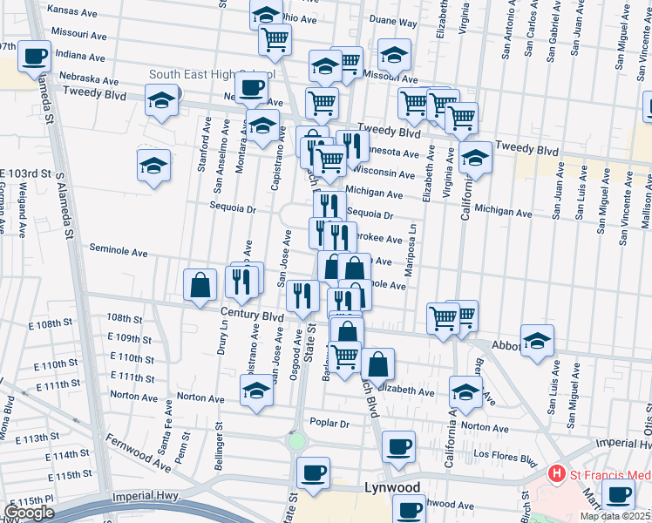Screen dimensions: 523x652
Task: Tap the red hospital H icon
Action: coord(556,475)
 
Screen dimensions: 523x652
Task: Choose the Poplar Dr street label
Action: coord(335,424)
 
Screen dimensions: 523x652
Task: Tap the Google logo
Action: coord(29,512)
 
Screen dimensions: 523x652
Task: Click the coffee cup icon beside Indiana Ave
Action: coord(35,57)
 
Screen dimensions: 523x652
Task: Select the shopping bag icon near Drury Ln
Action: coord(200,284)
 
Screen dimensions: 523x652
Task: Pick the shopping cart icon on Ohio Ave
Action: coord(275,38)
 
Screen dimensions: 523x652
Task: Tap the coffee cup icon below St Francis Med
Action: coord(618,495)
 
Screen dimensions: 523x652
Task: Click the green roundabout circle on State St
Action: coord(297,441)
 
